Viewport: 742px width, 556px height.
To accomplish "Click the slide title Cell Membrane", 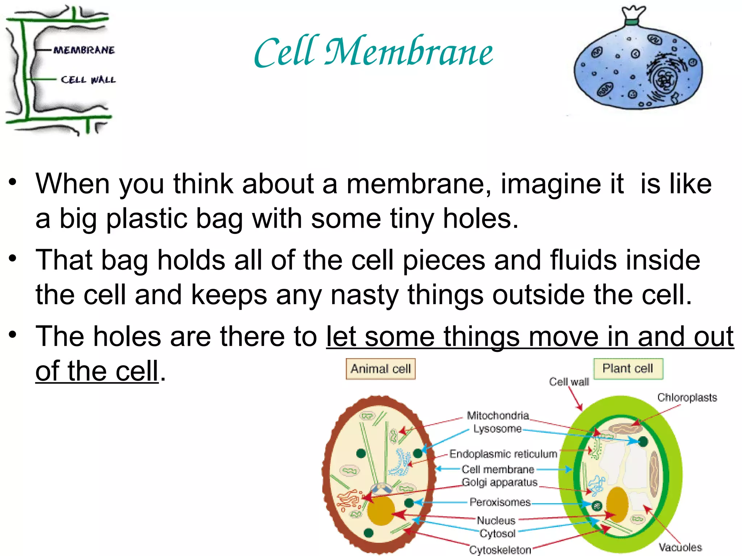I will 373,52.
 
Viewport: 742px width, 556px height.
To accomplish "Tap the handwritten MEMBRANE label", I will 84,50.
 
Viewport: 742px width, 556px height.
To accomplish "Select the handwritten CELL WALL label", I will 88,80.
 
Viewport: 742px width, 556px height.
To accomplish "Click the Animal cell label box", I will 380,369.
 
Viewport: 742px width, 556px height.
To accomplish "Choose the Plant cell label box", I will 628,368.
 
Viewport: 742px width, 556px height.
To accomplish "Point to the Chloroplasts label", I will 687,397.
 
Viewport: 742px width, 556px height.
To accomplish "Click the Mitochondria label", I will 498,415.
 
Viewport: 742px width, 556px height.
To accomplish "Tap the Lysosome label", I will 497,429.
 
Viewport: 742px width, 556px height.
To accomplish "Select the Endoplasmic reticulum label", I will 503,454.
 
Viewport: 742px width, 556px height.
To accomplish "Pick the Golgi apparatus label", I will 500,483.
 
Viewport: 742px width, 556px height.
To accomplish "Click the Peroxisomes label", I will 500,502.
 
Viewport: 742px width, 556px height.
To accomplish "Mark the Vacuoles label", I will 680,547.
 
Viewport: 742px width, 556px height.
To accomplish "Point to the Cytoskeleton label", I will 500,550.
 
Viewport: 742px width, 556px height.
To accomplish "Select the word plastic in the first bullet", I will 146,219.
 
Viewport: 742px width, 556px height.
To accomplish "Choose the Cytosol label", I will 497,534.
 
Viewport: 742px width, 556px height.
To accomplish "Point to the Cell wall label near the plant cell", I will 569,382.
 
